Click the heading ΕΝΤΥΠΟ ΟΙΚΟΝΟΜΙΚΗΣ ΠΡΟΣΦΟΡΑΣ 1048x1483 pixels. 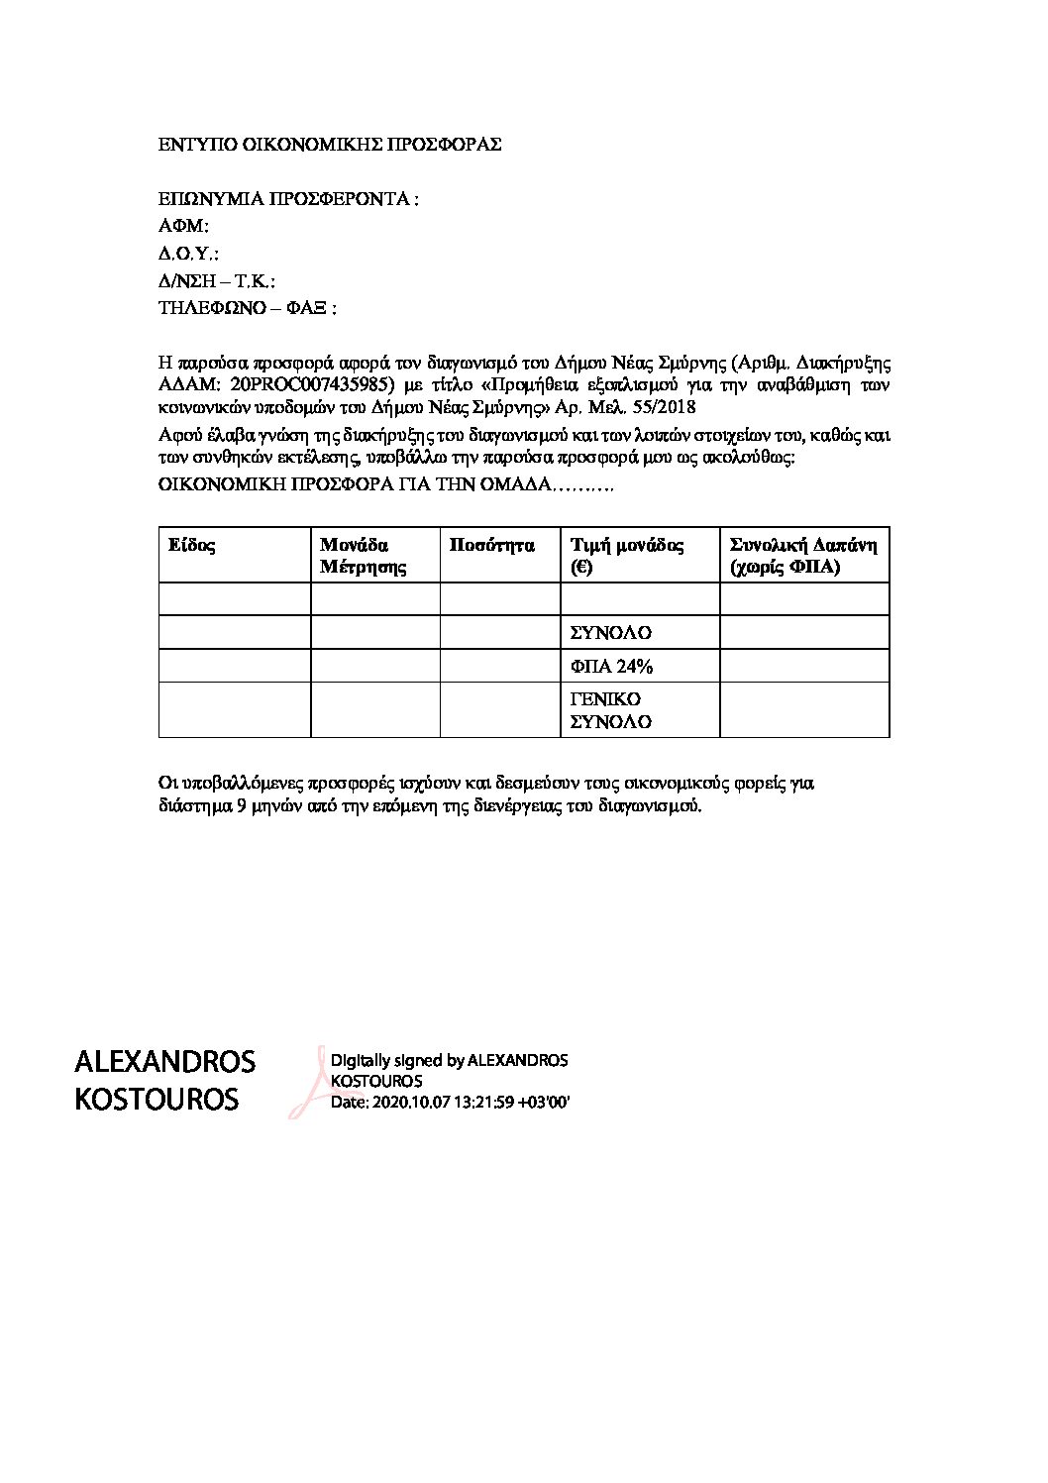[x=330, y=145]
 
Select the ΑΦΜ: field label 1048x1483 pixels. [x=184, y=226]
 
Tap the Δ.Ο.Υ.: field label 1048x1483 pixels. [x=188, y=254]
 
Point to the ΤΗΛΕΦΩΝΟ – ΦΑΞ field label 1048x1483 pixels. [x=248, y=308]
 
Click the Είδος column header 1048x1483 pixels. [x=192, y=545]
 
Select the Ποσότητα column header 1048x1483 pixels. [x=491, y=545]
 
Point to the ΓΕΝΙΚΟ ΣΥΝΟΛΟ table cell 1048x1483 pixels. [x=611, y=709]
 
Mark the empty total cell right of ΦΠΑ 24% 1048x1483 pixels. [x=803, y=666]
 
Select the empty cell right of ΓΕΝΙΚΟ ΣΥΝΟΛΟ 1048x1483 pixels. [x=803, y=709]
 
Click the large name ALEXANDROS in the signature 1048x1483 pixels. [x=164, y=1062]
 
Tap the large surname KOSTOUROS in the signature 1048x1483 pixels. [x=157, y=1100]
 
